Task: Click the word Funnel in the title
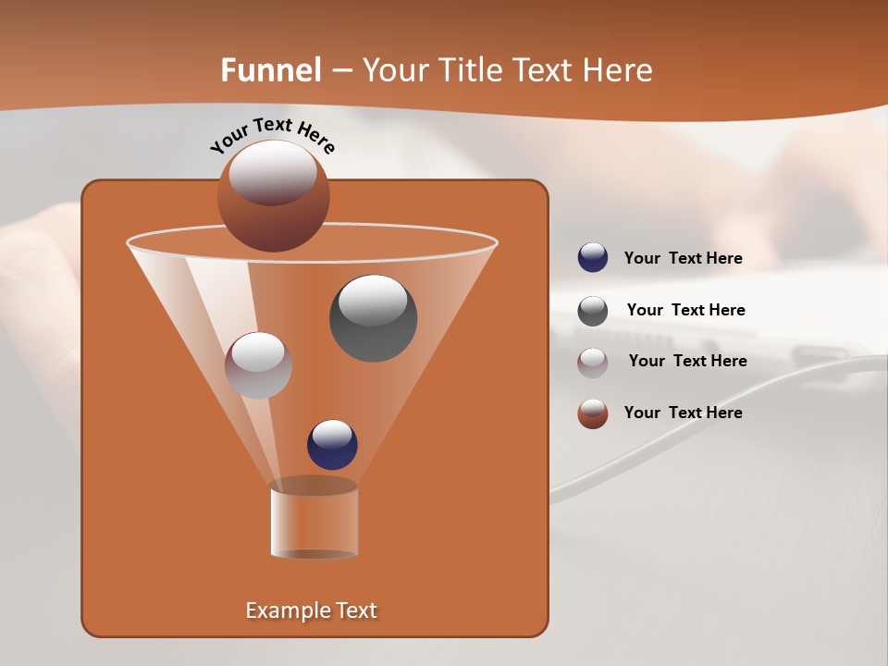270,70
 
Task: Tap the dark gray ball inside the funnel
373,318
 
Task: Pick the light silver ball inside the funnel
258,365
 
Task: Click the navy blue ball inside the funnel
332,445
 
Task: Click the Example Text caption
311,610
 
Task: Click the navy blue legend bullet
593,258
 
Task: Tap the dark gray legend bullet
593,311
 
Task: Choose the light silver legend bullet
593,363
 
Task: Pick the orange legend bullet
593,413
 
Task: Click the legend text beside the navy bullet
683,259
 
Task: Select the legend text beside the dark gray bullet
685,311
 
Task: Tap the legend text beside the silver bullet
687,362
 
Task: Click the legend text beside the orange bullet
683,413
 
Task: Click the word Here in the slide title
618,70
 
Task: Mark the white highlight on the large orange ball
273,172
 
